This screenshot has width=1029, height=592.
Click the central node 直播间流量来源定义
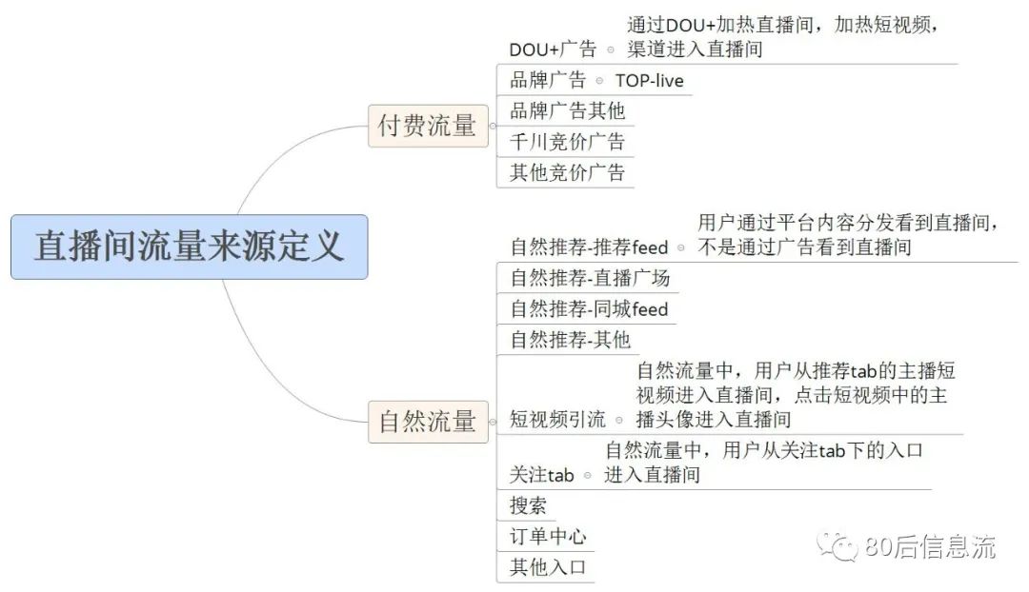[189, 247]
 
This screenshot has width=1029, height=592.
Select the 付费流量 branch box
[427, 126]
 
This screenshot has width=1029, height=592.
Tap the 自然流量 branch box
[427, 421]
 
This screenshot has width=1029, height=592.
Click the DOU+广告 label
[553, 49]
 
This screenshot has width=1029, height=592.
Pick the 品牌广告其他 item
[567, 110]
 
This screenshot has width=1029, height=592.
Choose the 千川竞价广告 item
[567, 142]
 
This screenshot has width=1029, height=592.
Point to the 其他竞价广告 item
[567, 172]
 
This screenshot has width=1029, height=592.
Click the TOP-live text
[649, 81]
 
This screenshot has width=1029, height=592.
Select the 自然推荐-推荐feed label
[589, 247]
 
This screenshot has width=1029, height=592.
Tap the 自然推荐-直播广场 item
[590, 279]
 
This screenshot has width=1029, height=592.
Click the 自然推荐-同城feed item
[589, 309]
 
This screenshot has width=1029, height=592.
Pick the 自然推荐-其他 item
[570, 340]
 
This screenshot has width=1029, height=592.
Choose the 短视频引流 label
[557, 420]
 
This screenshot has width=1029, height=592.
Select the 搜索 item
[528, 506]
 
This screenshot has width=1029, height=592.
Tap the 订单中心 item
[547, 537]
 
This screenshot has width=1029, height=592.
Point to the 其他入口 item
[547, 568]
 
